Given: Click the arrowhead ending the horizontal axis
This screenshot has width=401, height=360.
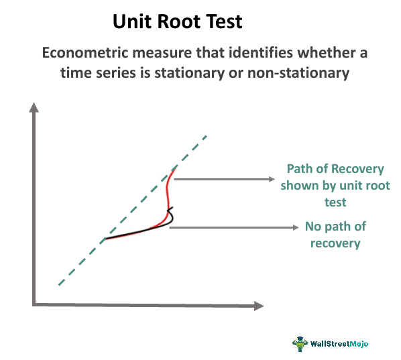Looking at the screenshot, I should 258,306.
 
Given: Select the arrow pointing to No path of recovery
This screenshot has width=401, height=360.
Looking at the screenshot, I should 235,228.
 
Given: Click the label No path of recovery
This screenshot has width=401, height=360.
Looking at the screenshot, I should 335,235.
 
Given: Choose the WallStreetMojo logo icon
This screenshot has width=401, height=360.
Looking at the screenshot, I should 299,343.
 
